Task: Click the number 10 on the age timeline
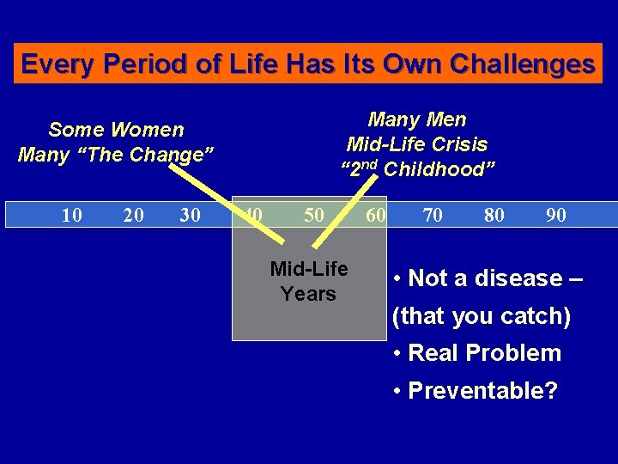pos(72,215)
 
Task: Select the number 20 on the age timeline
pos(133,215)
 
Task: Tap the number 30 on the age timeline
pos(191,215)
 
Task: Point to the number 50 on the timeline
pos(314,215)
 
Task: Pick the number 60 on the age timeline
pos(375,215)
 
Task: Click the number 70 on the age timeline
pos(433,215)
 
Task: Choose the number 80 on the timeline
pos(494,215)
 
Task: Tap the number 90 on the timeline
pos(555,215)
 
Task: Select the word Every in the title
pos(52,64)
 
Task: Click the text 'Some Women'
pos(116,130)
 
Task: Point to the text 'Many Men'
pos(417,120)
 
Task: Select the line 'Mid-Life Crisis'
pos(417,144)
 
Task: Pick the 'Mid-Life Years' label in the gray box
pos(309,282)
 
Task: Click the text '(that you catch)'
pos(482,316)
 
